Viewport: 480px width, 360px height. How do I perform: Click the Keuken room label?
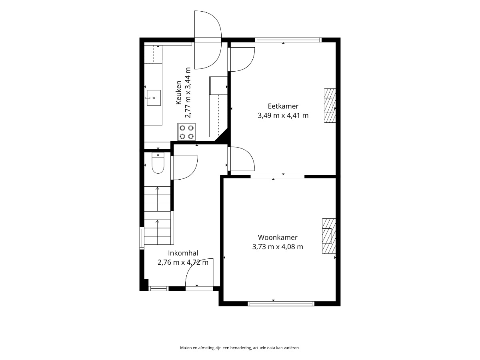pyautogui.click(x=179, y=92)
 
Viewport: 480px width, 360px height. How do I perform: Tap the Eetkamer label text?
pyautogui.click(x=283, y=106)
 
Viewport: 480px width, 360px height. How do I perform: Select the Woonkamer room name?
pyautogui.click(x=278, y=237)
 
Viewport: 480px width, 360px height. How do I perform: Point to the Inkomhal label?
pyautogui.click(x=183, y=253)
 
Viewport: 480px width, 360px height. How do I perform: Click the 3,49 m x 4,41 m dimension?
pyautogui.click(x=283, y=116)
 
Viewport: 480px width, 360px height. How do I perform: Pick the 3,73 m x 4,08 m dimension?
pyautogui.click(x=278, y=247)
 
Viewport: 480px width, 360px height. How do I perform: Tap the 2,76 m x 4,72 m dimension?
pyautogui.click(x=183, y=262)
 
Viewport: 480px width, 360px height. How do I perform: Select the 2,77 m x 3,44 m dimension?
pyautogui.click(x=188, y=92)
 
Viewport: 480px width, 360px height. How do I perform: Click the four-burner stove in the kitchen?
pyautogui.click(x=186, y=132)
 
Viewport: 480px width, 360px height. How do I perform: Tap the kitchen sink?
pyautogui.click(x=154, y=98)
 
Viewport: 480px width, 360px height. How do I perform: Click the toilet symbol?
pyautogui.click(x=158, y=163)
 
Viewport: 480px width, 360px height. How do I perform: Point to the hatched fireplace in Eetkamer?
pyautogui.click(x=330, y=105)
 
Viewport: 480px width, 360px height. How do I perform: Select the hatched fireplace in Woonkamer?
pyautogui.click(x=329, y=236)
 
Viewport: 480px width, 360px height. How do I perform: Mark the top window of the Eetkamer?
pyautogui.click(x=288, y=40)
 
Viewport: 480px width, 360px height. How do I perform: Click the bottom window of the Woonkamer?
pyautogui.click(x=281, y=303)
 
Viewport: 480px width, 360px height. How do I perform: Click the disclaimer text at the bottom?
pyautogui.click(x=240, y=348)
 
